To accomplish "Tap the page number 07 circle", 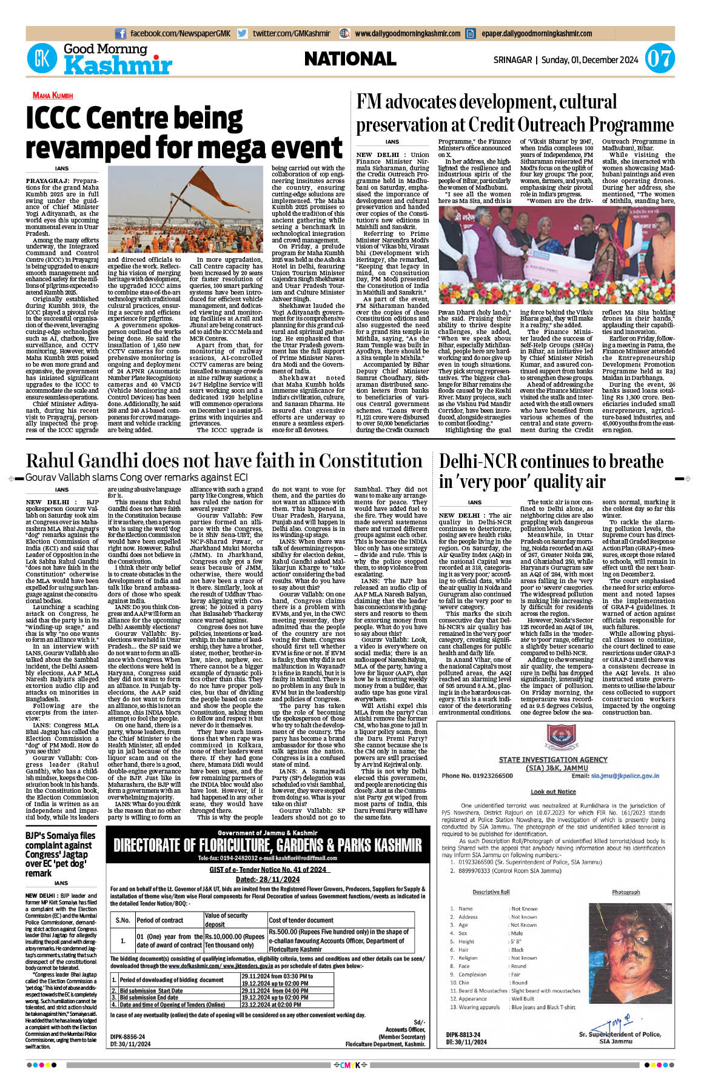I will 659,59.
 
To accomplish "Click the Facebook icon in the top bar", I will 120,34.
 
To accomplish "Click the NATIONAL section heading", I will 350,59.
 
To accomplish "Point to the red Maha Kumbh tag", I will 53,96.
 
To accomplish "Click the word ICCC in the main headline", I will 61,118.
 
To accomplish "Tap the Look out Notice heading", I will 553,792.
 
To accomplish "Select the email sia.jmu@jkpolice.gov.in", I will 625,775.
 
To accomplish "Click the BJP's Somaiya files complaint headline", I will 60,854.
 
